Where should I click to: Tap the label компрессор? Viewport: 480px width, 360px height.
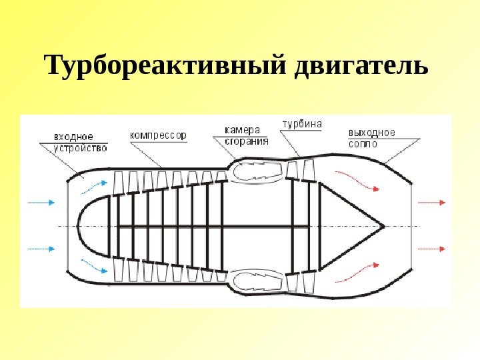tap(159, 135)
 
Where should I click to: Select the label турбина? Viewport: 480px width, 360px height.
tap(302, 124)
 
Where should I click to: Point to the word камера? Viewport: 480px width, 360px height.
tap(241, 130)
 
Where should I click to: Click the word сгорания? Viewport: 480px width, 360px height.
tap(246, 141)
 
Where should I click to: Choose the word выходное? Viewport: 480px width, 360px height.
tap(371, 133)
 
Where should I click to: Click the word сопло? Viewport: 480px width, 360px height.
tap(363, 143)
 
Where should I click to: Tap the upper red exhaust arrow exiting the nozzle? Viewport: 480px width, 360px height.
tap(433, 201)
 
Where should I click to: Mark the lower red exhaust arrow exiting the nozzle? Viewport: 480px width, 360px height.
tap(433, 249)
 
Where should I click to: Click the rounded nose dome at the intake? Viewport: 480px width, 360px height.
tap(90, 226)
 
